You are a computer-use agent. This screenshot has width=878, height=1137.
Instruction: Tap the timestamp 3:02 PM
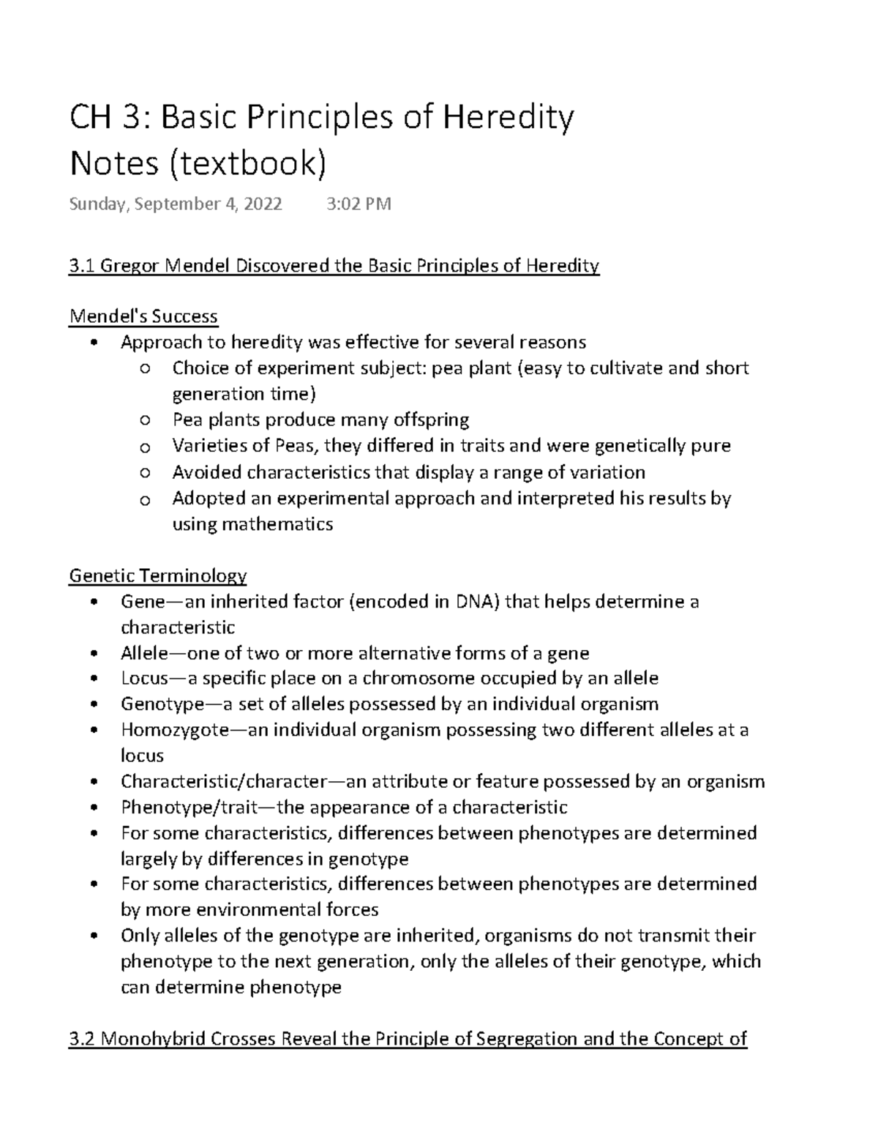tap(358, 204)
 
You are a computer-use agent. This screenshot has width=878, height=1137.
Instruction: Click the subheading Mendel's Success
tap(143, 316)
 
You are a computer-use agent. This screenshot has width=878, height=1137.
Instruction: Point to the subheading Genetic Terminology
tap(157, 575)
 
